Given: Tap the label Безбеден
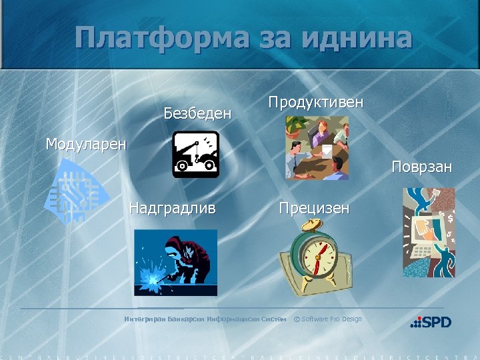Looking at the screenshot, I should (x=197, y=113).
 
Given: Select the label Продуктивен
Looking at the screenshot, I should (x=315, y=102).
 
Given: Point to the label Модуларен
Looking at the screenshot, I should (x=85, y=144).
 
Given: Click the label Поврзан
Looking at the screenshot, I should (x=421, y=167).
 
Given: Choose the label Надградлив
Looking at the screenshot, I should (x=172, y=208).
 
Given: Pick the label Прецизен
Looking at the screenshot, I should (x=313, y=208).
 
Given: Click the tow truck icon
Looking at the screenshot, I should (x=195, y=154).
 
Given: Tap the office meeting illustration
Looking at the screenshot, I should (x=317, y=148).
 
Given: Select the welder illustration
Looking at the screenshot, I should (x=175, y=262).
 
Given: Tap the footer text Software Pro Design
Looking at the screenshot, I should (x=331, y=319).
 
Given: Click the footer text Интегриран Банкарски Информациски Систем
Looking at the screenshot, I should (x=205, y=319).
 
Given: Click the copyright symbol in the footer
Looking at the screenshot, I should (x=297, y=319).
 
